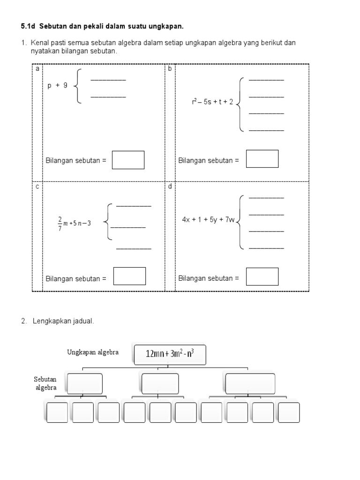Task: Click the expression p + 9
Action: click(x=58, y=86)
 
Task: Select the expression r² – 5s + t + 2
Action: click(x=212, y=102)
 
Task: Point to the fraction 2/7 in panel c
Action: click(x=60, y=224)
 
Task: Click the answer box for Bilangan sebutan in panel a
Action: click(x=128, y=160)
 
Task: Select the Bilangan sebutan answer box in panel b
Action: click(x=262, y=159)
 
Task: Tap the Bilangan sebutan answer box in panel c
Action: click(x=129, y=276)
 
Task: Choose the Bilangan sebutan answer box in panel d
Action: click(x=262, y=277)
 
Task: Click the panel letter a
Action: click(x=37, y=69)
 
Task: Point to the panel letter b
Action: click(x=170, y=69)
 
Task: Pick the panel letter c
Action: click(x=37, y=187)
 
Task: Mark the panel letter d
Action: click(x=170, y=187)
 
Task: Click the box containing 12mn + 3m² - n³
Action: click(x=169, y=355)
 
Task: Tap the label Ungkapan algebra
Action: click(x=93, y=352)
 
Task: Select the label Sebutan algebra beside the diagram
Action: click(x=45, y=383)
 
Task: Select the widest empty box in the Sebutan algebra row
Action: click(x=250, y=383)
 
